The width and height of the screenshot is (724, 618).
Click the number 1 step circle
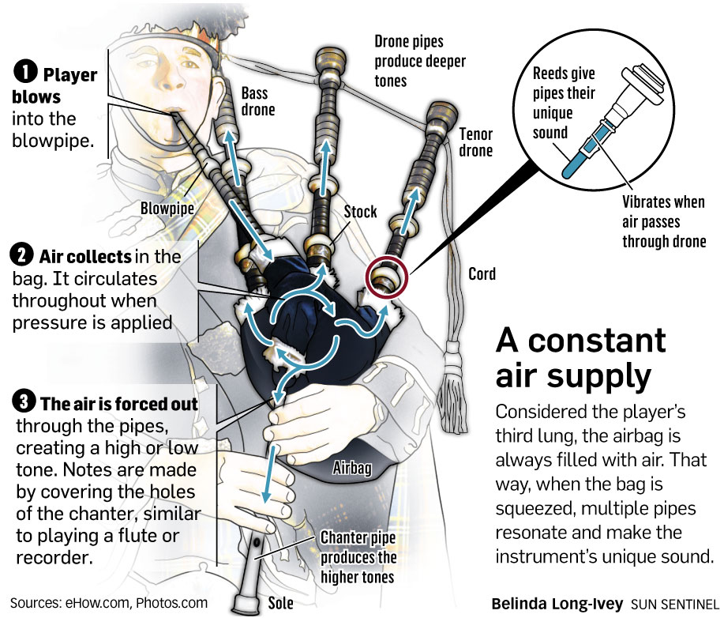25,76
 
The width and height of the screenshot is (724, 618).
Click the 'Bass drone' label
257,102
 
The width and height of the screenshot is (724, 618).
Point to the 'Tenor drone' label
476,142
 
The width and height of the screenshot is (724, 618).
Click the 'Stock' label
360,212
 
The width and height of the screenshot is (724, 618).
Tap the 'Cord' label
482,274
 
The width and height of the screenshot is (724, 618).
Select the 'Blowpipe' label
165,208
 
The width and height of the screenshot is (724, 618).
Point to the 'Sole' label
280,603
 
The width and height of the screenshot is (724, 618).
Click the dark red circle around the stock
385,277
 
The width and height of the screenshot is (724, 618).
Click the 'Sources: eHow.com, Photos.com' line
109,603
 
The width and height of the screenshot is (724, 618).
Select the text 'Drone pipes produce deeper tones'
419,60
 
